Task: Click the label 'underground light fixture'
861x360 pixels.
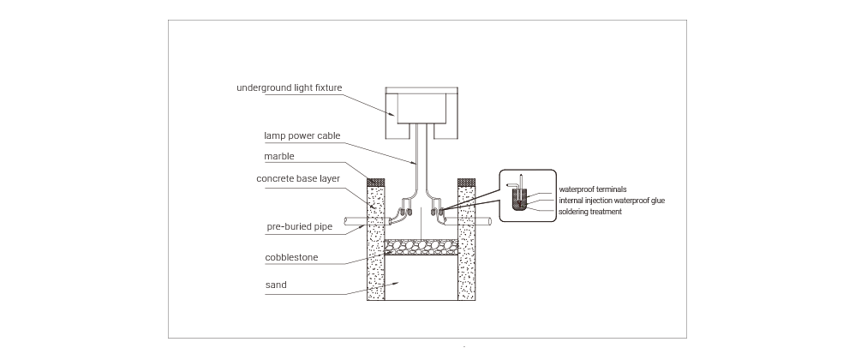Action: point(290,87)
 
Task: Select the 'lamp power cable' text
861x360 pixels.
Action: point(302,135)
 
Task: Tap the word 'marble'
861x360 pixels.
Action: point(279,156)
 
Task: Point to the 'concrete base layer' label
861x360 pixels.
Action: point(298,178)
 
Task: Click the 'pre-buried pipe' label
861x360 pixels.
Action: point(299,226)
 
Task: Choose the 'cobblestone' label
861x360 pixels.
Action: point(291,256)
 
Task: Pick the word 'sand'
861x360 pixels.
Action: point(276,285)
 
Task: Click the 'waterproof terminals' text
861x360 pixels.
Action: point(593,189)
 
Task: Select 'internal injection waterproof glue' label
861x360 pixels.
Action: point(612,201)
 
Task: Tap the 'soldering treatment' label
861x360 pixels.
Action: point(590,212)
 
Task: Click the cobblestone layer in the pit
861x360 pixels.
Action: point(422,247)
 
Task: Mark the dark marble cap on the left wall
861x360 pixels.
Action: point(375,182)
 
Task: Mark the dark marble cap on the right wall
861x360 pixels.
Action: point(466,182)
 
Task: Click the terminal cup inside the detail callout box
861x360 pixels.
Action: point(519,200)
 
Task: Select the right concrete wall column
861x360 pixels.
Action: point(466,243)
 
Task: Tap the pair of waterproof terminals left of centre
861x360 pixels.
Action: point(406,210)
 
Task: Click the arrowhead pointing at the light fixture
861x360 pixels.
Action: point(393,114)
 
